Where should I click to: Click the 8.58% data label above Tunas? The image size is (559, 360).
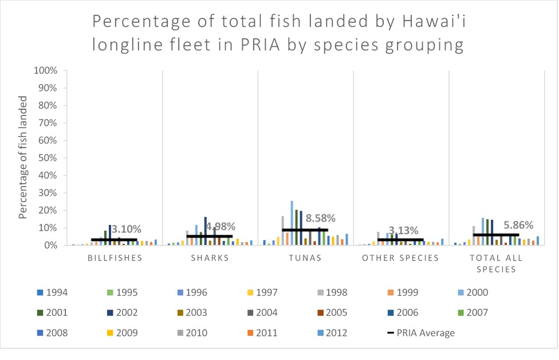click(x=320, y=218)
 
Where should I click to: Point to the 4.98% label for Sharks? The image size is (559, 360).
click(x=220, y=226)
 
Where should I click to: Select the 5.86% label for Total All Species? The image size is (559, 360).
click(x=518, y=224)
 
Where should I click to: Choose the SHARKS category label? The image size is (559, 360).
click(x=210, y=258)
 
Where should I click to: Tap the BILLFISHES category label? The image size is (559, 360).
click(x=114, y=258)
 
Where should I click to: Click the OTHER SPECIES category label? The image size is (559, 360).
click(x=401, y=258)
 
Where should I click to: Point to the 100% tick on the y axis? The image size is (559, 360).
click(x=46, y=71)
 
